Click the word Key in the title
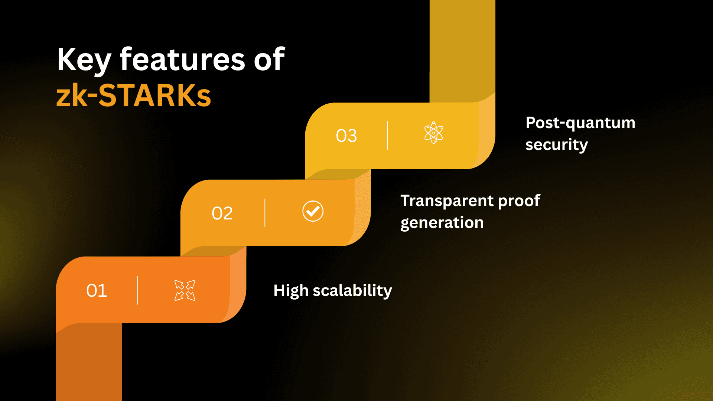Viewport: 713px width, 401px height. (x=84, y=60)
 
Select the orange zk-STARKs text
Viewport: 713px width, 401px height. (x=134, y=95)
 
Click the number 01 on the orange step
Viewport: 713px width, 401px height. (x=97, y=290)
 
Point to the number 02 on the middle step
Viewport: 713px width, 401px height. (x=222, y=213)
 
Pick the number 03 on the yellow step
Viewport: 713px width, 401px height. (x=346, y=136)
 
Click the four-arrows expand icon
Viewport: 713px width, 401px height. (x=185, y=290)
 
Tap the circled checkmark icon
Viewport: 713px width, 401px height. (x=313, y=211)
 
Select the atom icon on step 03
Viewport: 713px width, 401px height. (x=434, y=133)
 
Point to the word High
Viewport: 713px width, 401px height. (x=291, y=290)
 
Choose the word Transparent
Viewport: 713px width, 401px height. (x=446, y=200)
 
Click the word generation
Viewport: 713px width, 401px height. (x=442, y=223)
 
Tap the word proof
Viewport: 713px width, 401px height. (x=519, y=200)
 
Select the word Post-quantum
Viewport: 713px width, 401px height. (x=580, y=123)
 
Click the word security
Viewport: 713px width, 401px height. (x=556, y=145)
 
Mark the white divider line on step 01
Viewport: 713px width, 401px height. (x=137, y=290)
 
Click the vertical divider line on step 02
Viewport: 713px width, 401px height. (x=265, y=213)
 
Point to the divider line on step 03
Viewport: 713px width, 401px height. (x=388, y=136)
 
